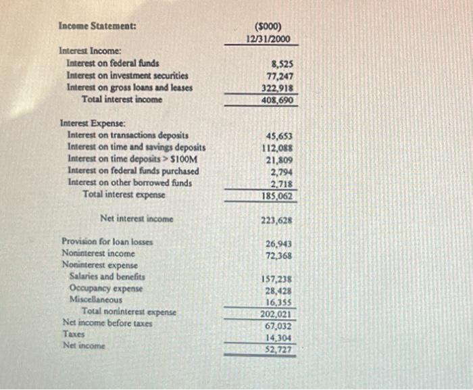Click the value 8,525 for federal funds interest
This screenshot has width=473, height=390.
coord(281,64)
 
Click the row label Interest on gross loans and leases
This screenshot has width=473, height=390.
coord(129,87)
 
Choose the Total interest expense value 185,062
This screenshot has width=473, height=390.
coord(277,197)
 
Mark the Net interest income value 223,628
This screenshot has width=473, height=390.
coord(277,220)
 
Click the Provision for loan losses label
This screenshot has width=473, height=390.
coord(107,241)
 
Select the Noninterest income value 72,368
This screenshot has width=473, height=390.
coord(278,255)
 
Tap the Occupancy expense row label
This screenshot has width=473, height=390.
coord(106,288)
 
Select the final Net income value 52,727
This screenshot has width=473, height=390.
coord(278,349)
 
